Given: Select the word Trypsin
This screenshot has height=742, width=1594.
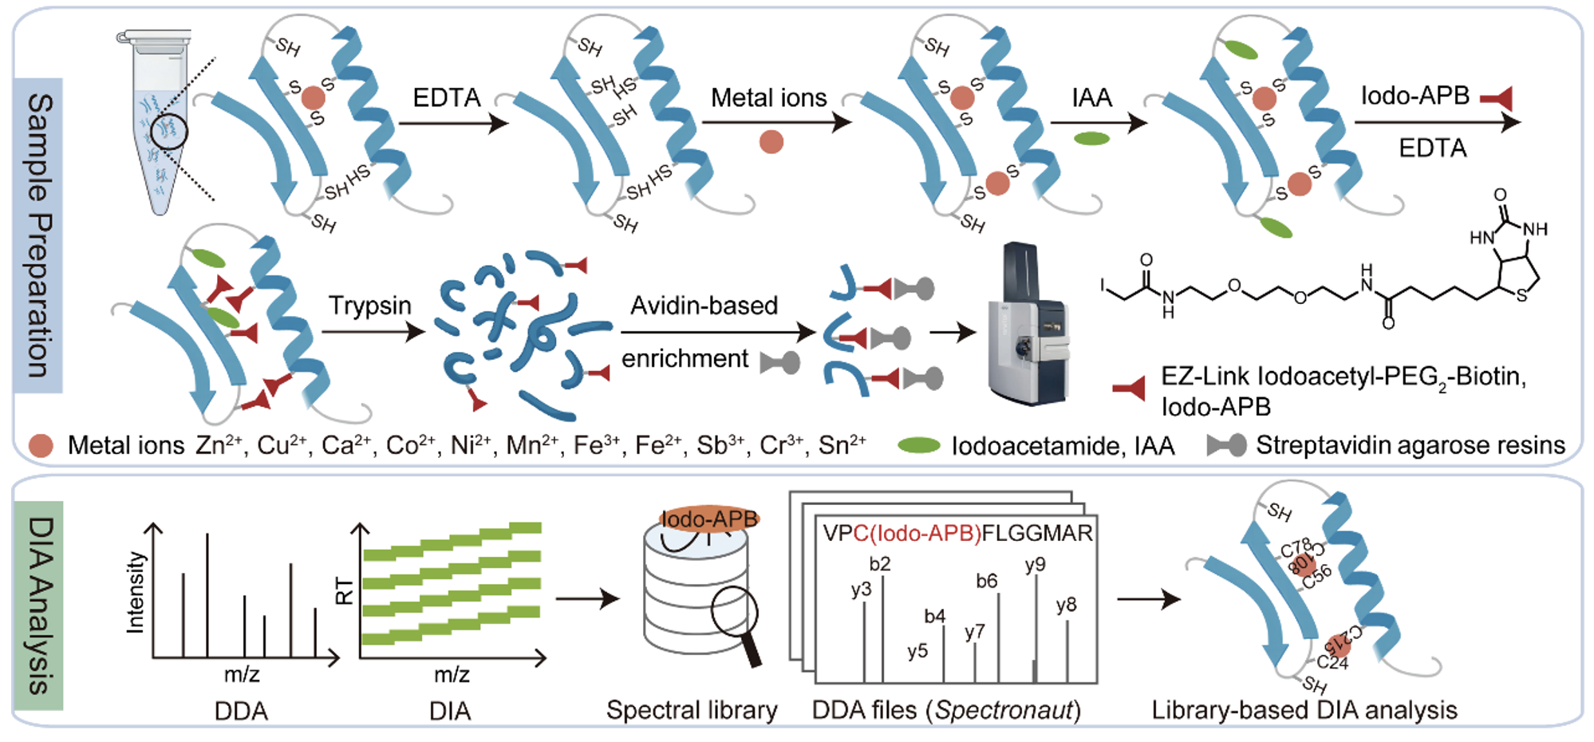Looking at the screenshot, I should coord(370,306).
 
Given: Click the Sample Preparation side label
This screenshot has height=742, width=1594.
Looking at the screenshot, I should coord(38,235).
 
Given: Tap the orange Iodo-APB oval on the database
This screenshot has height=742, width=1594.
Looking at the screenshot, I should coord(709,519).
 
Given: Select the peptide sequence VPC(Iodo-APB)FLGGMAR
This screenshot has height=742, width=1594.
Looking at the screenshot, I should coord(957,533).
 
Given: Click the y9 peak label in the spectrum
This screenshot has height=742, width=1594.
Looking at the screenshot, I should coord(1035,564).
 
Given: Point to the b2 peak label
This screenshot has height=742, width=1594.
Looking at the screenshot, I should coord(880,564).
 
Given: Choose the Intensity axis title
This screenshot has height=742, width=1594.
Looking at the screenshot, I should coord(136,592).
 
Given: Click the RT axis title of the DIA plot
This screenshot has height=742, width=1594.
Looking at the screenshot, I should coord(344,592).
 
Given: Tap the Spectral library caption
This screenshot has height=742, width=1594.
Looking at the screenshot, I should coord(692,710).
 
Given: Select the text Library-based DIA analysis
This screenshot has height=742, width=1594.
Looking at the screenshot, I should coord(1304,710).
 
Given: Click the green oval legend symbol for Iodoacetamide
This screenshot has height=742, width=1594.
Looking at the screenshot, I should coord(919,445).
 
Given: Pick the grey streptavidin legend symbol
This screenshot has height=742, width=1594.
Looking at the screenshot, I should coord(1226,445).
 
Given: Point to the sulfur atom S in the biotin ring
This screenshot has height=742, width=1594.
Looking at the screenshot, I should coord(1521,296).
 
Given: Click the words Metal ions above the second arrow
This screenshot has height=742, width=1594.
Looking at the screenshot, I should coord(768,98).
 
